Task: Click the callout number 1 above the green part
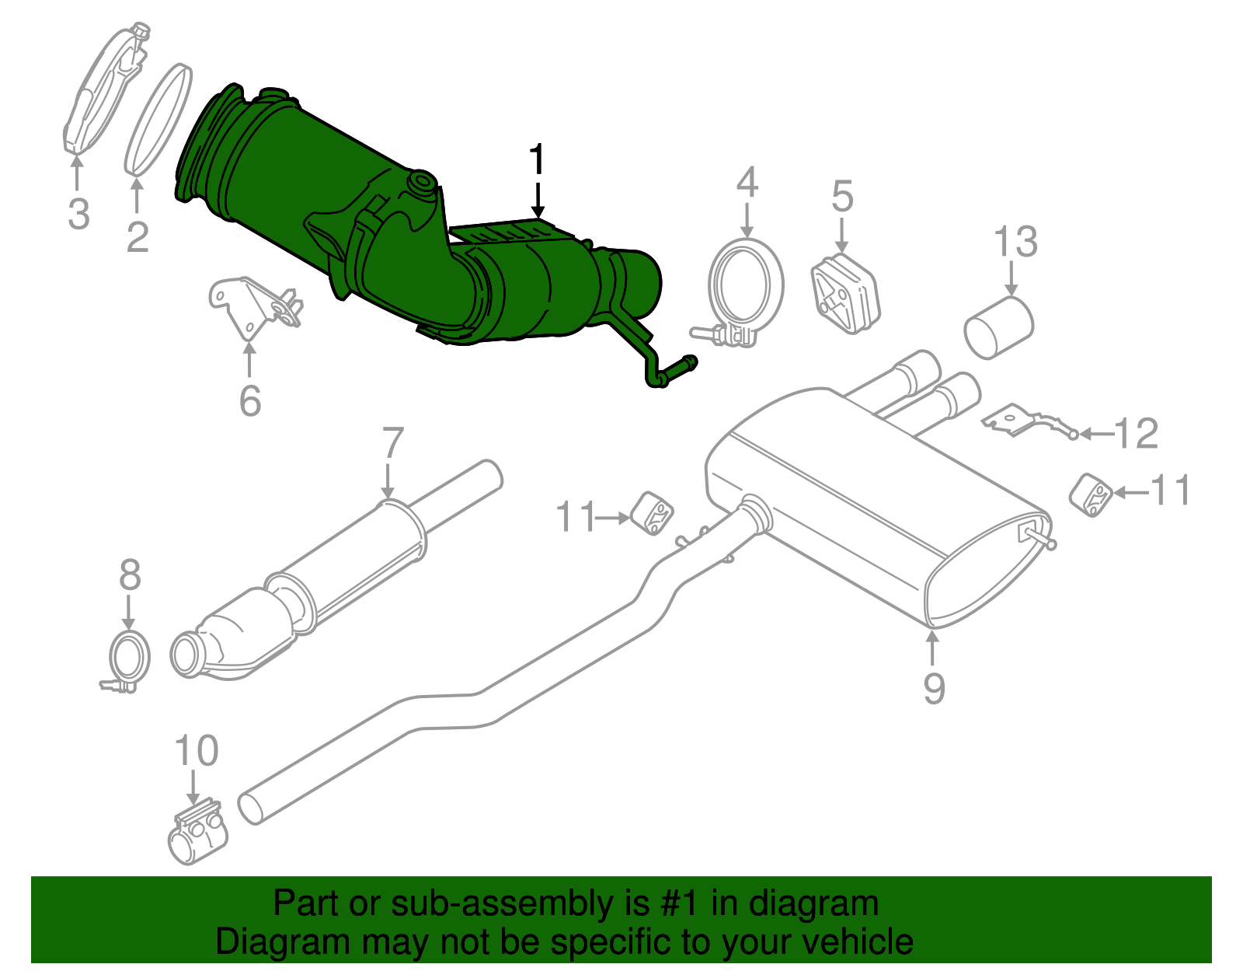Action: pos(537,162)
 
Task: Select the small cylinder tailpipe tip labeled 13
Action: pos(998,327)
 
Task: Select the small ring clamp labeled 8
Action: pos(128,658)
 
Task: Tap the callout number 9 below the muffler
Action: pos(934,687)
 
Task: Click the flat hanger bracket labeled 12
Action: pos(1025,421)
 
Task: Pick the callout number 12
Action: pos(1136,433)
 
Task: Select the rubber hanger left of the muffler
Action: pos(652,512)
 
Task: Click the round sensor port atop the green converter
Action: pos(423,183)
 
